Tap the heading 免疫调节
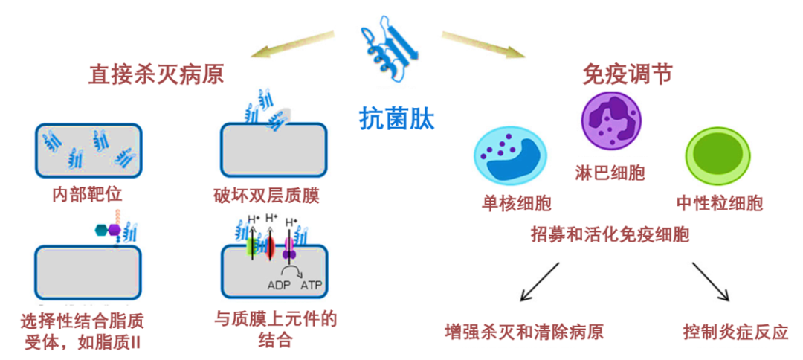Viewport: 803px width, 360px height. pos(627,74)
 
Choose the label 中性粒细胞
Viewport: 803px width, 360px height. pos(719,203)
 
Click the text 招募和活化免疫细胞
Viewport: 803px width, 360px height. pos(610,235)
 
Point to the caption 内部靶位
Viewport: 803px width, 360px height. pos(87,196)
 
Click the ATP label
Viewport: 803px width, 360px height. pos(310,285)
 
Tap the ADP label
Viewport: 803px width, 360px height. pos(280,285)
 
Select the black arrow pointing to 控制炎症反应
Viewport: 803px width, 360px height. pos(711,281)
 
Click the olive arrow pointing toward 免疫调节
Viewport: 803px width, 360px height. pos(483,45)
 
